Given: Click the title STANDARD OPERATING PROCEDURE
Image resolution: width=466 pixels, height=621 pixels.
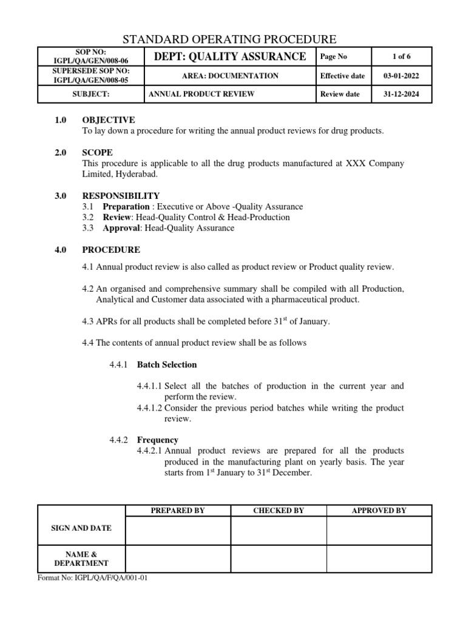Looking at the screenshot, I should pyautogui.click(x=229, y=39).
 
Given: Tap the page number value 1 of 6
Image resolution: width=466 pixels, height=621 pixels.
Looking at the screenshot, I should pyautogui.click(x=401, y=56).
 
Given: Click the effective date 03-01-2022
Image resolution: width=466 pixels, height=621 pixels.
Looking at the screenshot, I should pyautogui.click(x=401, y=76).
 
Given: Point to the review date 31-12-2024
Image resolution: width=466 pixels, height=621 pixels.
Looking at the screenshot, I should pyautogui.click(x=401, y=94).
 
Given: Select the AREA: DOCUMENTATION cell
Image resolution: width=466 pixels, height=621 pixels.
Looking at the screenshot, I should pyautogui.click(x=230, y=76).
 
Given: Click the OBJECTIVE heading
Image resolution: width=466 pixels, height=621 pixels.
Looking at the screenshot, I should pyautogui.click(x=109, y=120).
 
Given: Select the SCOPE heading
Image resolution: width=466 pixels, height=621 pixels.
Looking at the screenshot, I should pyautogui.click(x=97, y=153).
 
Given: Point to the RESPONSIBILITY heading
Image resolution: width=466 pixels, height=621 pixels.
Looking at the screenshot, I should pyautogui.click(x=121, y=196).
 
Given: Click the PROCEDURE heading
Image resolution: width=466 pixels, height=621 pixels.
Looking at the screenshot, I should pyautogui.click(x=111, y=249).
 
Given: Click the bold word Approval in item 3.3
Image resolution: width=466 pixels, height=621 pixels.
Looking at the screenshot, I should pyautogui.click(x=121, y=228).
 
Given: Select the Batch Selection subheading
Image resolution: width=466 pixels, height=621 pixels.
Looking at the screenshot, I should pyautogui.click(x=167, y=364).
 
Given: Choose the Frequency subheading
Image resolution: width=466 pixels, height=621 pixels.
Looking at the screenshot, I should pyautogui.click(x=157, y=440).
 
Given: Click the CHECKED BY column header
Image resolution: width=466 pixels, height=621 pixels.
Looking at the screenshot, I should pyautogui.click(x=279, y=511).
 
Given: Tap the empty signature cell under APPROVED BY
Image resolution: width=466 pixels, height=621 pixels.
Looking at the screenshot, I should pyautogui.click(x=379, y=531).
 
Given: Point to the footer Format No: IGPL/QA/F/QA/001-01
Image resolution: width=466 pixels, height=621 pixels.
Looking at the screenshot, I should pyautogui.click(x=93, y=578).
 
